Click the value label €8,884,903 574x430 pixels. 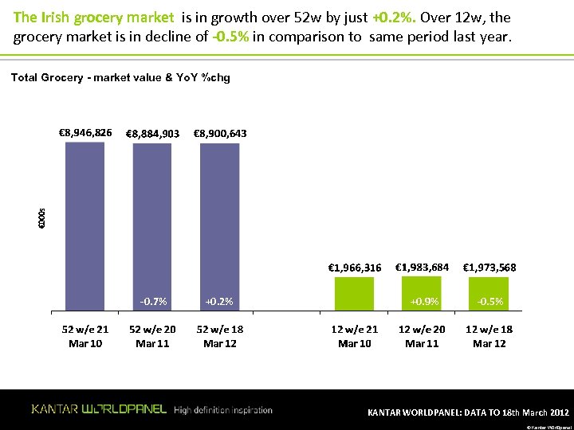[x=152, y=134]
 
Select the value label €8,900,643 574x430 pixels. [x=220, y=134]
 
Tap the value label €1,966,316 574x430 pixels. [x=355, y=268]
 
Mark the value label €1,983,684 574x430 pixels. [x=422, y=267]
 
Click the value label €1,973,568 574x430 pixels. [x=489, y=268]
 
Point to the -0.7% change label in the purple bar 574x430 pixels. [x=153, y=302]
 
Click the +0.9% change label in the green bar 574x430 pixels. [x=423, y=302]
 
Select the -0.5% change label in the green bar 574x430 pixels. [x=489, y=302]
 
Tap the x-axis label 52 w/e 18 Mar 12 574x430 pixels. [x=220, y=336]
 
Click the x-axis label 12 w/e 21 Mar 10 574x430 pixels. [x=355, y=336]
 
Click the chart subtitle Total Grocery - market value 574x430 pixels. [x=120, y=77]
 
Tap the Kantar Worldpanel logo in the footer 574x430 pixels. [x=99, y=409]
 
